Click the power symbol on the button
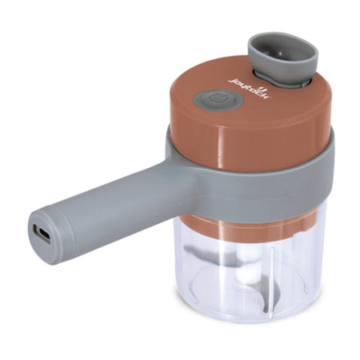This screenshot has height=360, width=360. tap(209, 100)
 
